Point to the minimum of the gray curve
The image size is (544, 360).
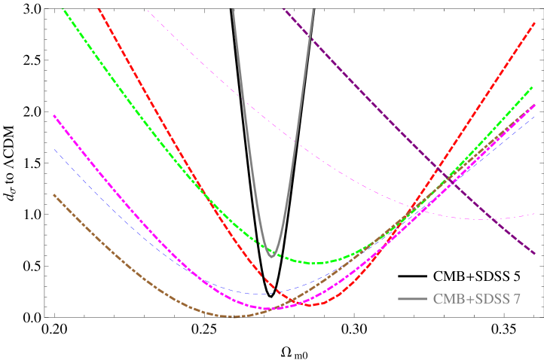[x=272, y=257]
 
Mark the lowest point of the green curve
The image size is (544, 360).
[x=316, y=263]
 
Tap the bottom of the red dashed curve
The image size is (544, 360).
[x=313, y=305]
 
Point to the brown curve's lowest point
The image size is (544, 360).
[x=234, y=317]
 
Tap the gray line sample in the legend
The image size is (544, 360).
[x=412, y=300]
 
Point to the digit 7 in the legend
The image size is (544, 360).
[x=517, y=300]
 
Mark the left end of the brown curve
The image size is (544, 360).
[x=53, y=195]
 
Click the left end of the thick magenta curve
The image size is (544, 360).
[x=54, y=116]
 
